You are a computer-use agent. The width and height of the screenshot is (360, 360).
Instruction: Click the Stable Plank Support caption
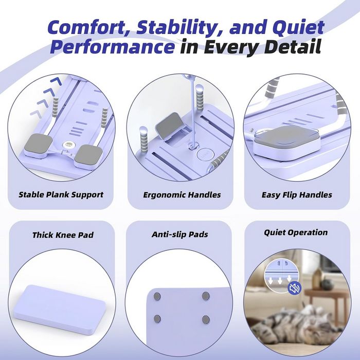pos(61,195)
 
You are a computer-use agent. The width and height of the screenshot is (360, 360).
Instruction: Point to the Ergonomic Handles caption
pos(182,195)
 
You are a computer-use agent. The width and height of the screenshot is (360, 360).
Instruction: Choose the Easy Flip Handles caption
pos(297,195)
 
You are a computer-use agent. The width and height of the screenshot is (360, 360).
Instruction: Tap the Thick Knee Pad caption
pos(63,235)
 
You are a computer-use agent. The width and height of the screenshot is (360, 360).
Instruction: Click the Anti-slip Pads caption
pos(180,235)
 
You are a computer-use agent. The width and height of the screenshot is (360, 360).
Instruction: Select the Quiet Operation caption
pos(296,232)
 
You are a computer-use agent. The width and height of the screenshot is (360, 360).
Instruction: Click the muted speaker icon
pos(294,288)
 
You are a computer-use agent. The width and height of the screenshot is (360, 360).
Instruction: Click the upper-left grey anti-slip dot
pos(157,297)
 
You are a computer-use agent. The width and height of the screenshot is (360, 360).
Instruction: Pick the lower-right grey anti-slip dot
pos(206,319)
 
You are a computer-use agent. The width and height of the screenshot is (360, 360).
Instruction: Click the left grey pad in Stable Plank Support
pos(38,144)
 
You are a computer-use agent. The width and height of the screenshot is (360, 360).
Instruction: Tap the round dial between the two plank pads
pos(68,145)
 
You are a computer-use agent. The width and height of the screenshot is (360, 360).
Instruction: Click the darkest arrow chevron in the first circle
pos(56,81)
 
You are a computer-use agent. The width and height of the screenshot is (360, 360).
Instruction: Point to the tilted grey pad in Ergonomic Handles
pos(169,125)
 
